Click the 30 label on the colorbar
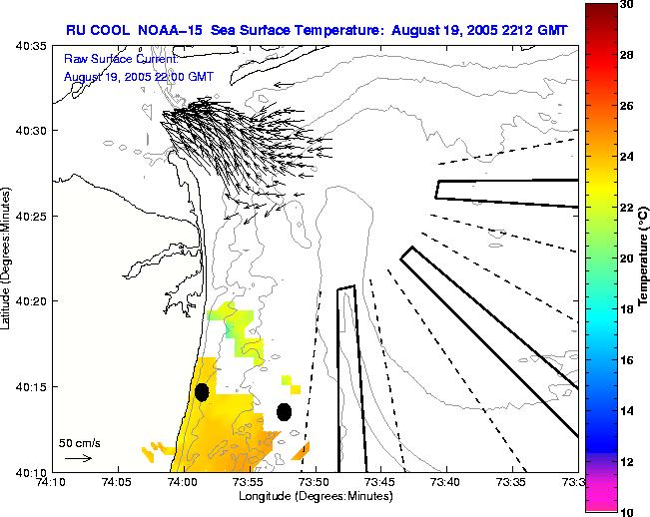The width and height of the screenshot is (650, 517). click(x=627, y=5)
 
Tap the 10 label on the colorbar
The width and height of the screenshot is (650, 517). click(x=627, y=511)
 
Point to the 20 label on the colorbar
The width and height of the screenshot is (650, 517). click(x=627, y=258)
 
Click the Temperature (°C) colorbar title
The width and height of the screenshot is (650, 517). click(x=644, y=258)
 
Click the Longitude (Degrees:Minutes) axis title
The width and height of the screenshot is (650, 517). click(x=314, y=496)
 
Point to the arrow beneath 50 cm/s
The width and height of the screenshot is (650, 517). click(x=78, y=458)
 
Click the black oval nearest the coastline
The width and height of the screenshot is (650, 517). click(x=202, y=392)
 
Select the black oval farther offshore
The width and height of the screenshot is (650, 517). click(x=284, y=411)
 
